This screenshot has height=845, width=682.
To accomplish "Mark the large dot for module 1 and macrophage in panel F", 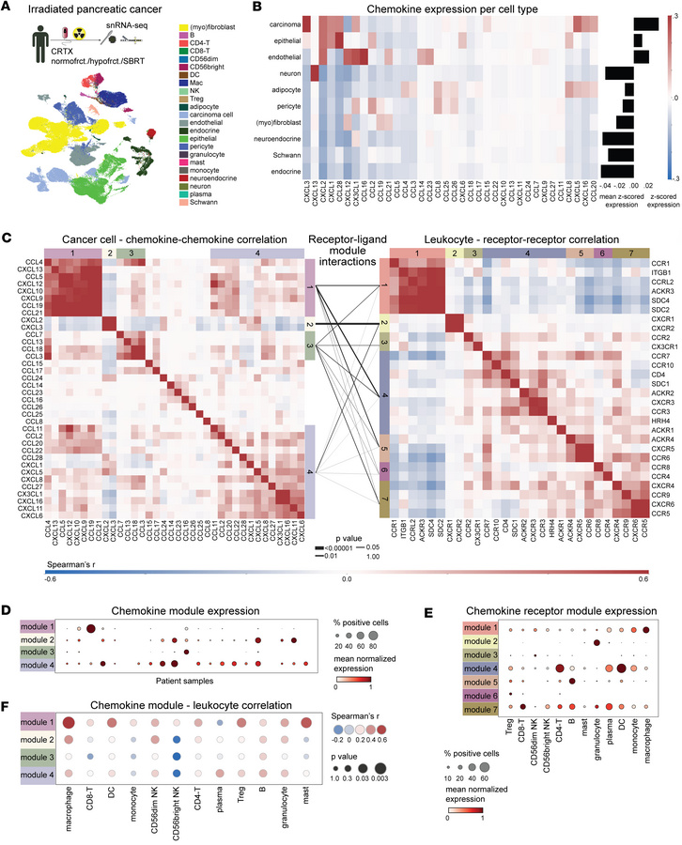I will click(x=68, y=723).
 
